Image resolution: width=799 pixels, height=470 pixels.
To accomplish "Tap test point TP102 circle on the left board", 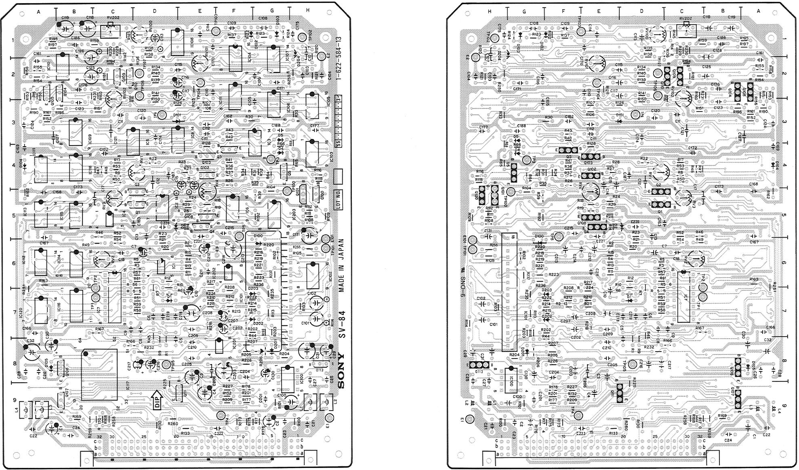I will [x=302, y=38].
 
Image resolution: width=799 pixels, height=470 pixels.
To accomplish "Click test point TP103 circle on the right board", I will [x=581, y=31].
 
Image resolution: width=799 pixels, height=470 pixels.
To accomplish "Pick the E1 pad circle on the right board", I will [x=469, y=419].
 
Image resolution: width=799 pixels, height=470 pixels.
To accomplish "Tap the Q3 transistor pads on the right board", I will [x=568, y=150].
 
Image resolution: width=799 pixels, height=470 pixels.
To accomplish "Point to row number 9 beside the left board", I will [x=14, y=400].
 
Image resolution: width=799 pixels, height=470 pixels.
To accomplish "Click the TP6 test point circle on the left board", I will [x=162, y=115].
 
